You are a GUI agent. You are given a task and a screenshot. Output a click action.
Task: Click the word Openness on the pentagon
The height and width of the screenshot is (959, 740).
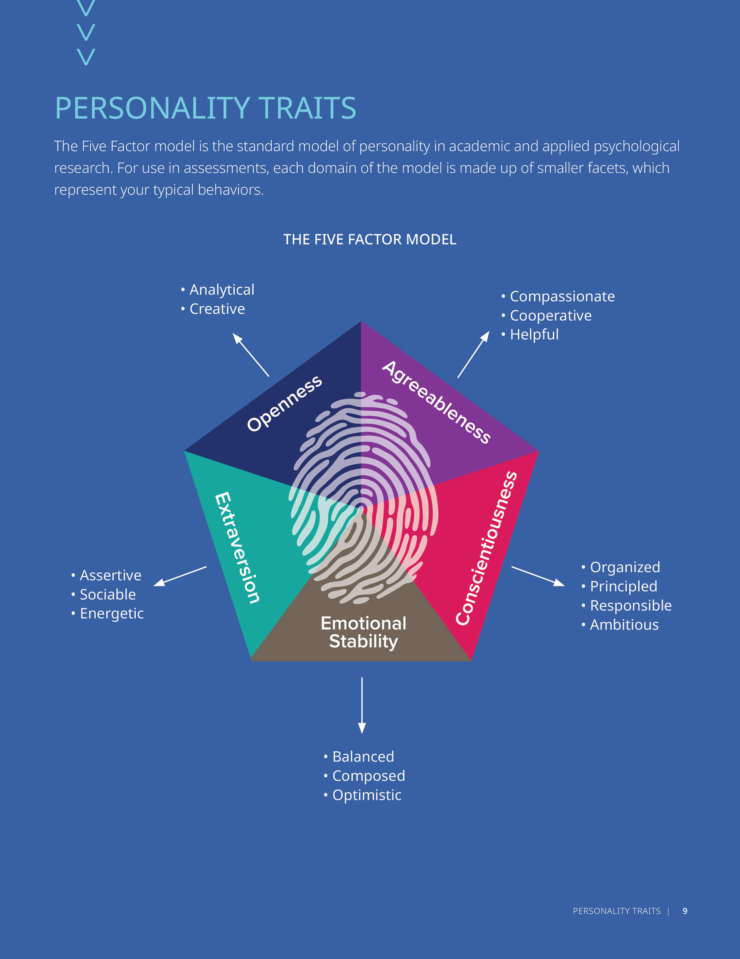(284, 404)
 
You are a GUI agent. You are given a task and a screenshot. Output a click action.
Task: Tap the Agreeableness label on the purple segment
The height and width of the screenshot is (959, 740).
(436, 402)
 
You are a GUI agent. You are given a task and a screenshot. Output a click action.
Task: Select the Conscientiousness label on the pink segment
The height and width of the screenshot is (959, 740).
(486, 548)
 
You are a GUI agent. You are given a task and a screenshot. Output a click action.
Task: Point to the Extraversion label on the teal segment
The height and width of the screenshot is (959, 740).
(237, 548)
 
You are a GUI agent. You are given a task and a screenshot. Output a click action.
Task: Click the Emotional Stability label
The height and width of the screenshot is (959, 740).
(363, 632)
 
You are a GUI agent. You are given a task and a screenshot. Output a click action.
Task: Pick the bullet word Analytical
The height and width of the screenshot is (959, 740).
(222, 290)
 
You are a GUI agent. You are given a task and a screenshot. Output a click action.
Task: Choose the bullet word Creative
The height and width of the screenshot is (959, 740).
(217, 309)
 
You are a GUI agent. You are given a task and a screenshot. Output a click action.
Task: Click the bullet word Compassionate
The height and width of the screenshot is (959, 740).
(562, 296)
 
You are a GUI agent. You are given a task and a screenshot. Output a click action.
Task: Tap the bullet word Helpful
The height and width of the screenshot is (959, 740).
(534, 335)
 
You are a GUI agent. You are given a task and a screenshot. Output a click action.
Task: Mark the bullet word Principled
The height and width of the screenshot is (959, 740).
(623, 586)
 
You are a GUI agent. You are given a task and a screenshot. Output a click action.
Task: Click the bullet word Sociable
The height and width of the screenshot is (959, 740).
(108, 595)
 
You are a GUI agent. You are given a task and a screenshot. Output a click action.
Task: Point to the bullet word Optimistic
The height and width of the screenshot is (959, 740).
(367, 795)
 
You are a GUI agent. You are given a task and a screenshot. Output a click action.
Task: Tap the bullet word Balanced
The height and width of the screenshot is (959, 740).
(363, 756)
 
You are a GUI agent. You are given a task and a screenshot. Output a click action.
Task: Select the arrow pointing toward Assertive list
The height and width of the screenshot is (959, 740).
(180, 576)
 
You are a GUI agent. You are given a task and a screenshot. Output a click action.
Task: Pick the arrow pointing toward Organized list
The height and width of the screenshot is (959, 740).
(538, 576)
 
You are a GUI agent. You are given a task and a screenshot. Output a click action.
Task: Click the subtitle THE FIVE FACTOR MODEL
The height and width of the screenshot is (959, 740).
(370, 239)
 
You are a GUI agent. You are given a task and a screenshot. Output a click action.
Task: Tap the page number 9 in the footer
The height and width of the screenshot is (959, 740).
(685, 911)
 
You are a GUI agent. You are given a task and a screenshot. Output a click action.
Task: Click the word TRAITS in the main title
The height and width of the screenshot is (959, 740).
(307, 108)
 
